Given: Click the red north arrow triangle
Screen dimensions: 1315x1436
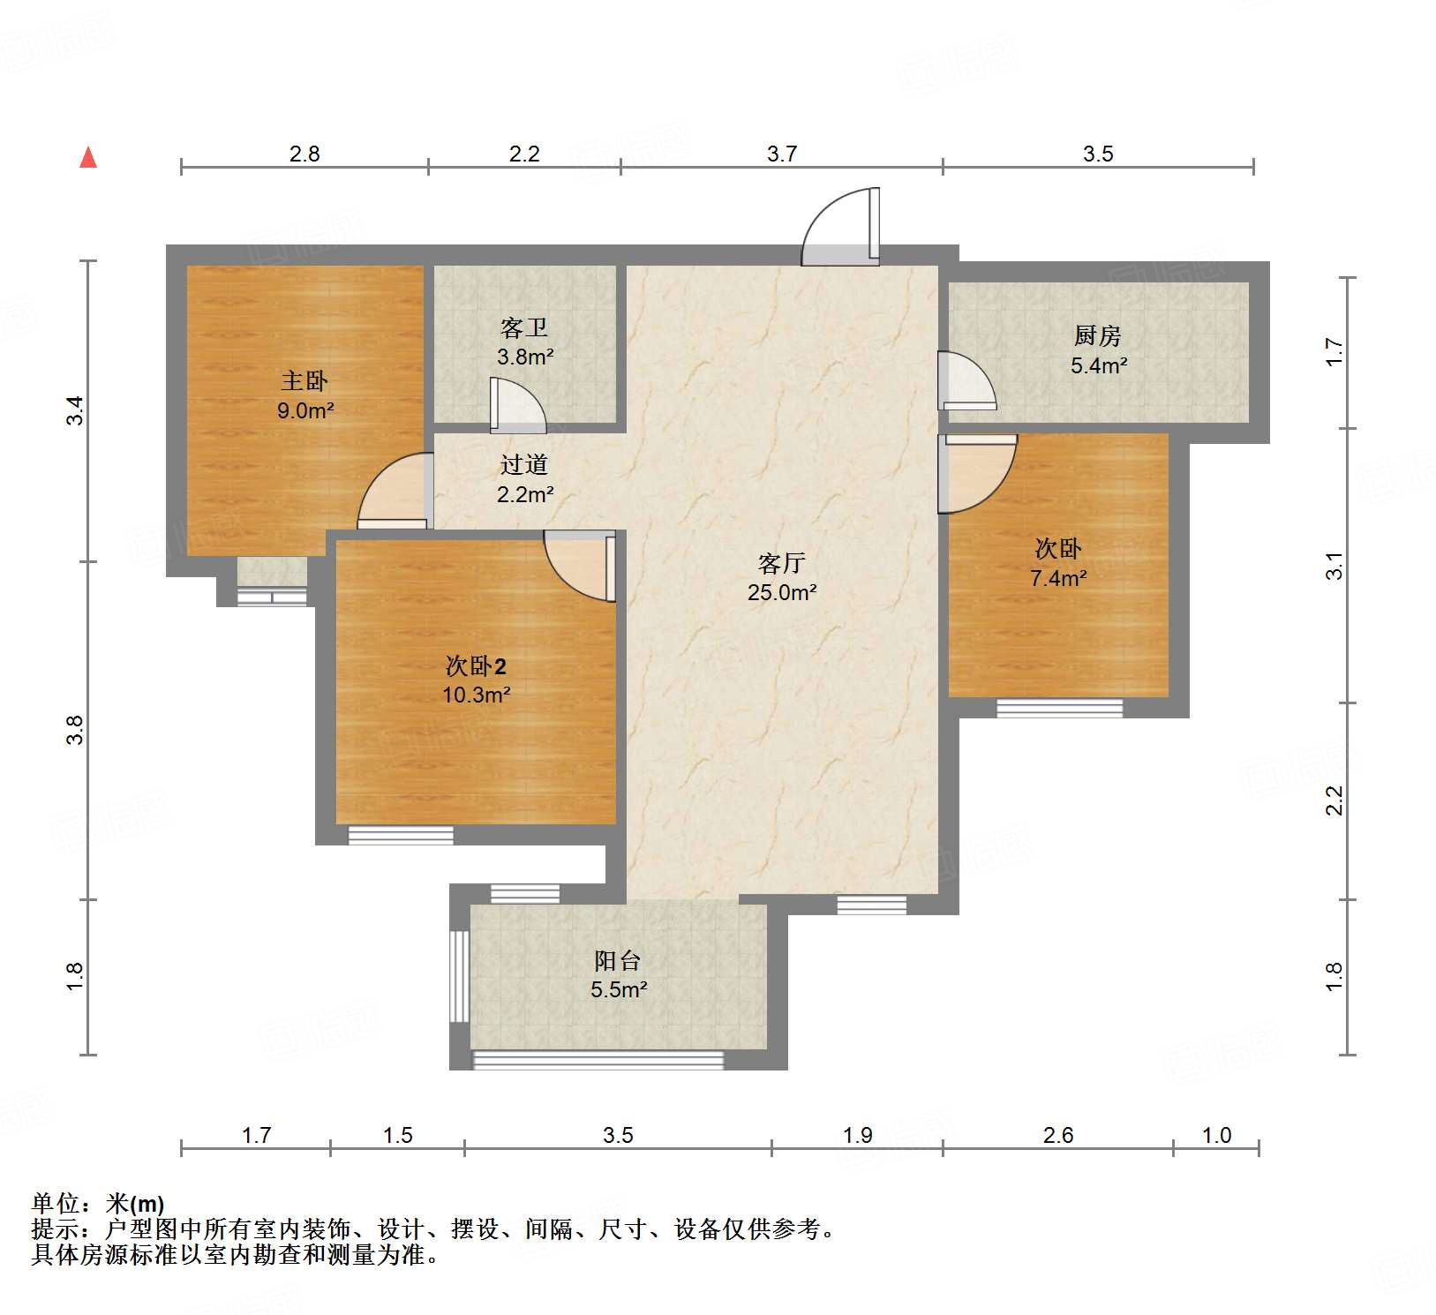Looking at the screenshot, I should (88, 158).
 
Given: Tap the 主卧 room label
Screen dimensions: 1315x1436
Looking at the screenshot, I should (304, 381).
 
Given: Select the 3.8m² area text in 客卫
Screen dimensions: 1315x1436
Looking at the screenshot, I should (525, 357).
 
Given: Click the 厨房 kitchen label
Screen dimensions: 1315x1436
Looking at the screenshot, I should (1097, 335).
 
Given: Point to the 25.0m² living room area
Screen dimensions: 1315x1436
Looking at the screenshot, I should (781, 592).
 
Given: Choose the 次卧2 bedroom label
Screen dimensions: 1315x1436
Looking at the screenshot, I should (476, 665).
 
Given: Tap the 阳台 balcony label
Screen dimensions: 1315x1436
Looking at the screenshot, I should (617, 960).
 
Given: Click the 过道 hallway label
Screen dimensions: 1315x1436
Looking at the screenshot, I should (524, 464).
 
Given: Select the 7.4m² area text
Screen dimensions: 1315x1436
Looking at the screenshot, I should (1057, 578).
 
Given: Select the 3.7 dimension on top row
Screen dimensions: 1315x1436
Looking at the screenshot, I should (781, 154).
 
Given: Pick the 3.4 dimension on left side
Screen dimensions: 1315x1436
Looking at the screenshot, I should (75, 410).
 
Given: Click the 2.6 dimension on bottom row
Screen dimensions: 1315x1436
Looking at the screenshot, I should (1057, 1135).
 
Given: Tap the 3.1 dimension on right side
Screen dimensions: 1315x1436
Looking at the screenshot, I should (1335, 565).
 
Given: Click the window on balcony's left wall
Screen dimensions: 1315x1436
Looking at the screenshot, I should (459, 976).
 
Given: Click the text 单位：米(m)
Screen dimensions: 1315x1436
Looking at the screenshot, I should (97, 1204).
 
